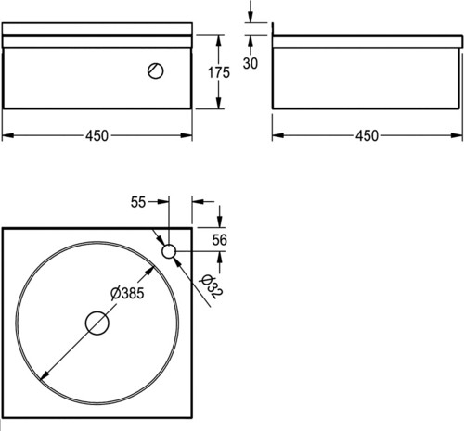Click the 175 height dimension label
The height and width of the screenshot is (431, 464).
(x=219, y=72)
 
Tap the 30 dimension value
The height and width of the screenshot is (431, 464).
(x=251, y=63)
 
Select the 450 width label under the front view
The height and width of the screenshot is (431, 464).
(x=97, y=135)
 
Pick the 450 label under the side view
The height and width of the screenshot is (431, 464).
(x=367, y=135)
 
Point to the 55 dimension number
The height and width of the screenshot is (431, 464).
(x=138, y=202)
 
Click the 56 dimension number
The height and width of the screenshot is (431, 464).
(x=219, y=240)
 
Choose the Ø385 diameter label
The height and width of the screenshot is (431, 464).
(x=127, y=293)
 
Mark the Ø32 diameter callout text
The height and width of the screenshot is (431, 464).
(x=212, y=287)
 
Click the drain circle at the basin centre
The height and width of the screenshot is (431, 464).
(x=97, y=323)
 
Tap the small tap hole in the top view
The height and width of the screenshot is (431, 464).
(x=169, y=251)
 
